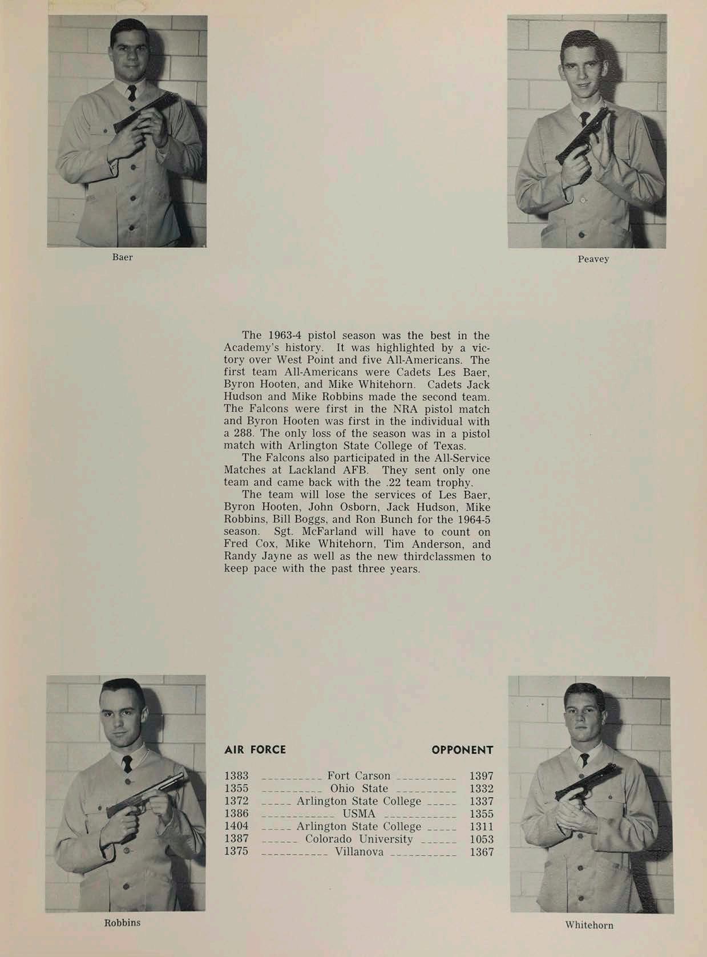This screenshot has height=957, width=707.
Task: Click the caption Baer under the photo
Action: [x=123, y=257]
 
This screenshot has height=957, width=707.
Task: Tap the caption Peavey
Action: [x=593, y=259]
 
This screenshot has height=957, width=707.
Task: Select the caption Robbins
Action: [x=122, y=922]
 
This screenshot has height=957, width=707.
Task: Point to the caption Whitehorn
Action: [x=589, y=925]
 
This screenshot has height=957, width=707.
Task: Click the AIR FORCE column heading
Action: [x=255, y=750]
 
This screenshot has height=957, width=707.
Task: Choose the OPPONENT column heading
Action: [x=462, y=750]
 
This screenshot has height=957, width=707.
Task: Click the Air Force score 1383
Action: [x=236, y=776]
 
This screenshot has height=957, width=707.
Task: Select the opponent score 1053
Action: [x=481, y=839]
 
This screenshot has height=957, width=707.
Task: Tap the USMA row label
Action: [x=359, y=814]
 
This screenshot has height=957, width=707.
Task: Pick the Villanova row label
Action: [x=359, y=853]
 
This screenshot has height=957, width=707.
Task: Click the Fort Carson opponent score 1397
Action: [x=481, y=776]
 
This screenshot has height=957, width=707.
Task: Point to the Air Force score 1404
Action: [x=236, y=827]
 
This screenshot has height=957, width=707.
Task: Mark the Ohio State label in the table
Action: [x=359, y=789]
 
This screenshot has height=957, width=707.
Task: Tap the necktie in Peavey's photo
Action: [x=584, y=119]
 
